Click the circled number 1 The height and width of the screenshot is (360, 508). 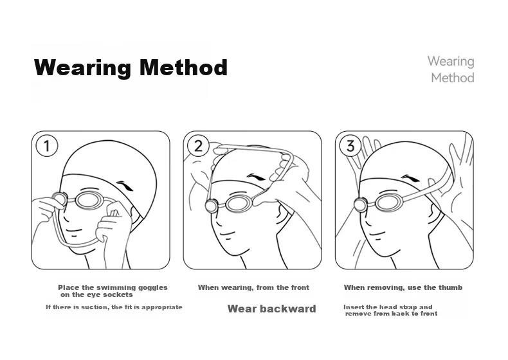(47, 146)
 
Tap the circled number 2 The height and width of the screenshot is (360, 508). (198, 146)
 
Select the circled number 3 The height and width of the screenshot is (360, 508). (350, 146)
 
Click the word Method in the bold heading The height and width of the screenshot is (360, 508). (184, 67)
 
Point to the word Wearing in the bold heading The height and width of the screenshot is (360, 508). (82, 68)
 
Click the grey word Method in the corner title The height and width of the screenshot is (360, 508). (453, 78)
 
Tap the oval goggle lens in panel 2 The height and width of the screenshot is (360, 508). (239, 204)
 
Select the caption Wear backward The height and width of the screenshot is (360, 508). (271, 309)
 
